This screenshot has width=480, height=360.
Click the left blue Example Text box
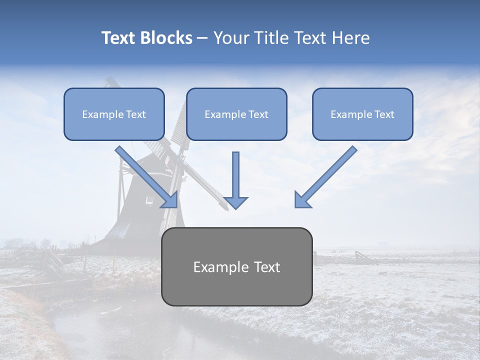(x=114, y=114)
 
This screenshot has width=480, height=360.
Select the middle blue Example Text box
(x=236, y=114)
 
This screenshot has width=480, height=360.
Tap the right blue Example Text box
(x=362, y=114)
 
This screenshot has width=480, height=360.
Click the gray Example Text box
(x=236, y=266)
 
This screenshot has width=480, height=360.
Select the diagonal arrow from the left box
(x=145, y=175)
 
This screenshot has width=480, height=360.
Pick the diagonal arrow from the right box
(x=327, y=175)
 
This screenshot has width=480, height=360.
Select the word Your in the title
(x=230, y=38)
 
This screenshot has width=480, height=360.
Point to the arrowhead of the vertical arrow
(x=235, y=202)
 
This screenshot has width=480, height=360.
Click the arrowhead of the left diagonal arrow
(x=170, y=200)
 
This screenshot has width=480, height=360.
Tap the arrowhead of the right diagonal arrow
(x=301, y=200)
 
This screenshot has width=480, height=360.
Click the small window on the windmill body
(x=149, y=199)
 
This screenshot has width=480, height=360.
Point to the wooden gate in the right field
(x=365, y=257)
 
